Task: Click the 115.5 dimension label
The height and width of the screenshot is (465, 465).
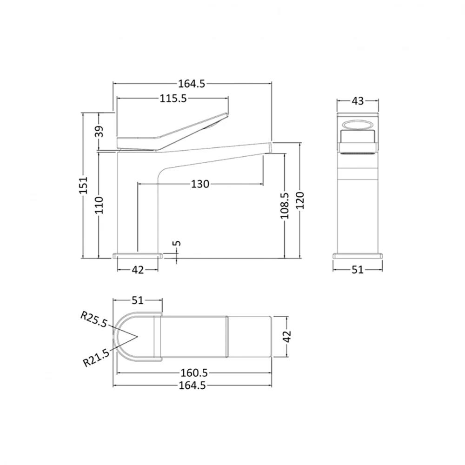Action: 173,99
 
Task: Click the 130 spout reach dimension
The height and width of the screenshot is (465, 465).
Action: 199,184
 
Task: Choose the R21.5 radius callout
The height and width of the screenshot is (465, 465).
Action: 96,358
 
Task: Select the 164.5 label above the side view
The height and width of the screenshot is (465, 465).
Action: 192,84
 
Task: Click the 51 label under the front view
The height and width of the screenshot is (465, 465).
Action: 357,270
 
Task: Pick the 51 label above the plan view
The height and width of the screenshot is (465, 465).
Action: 138,300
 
